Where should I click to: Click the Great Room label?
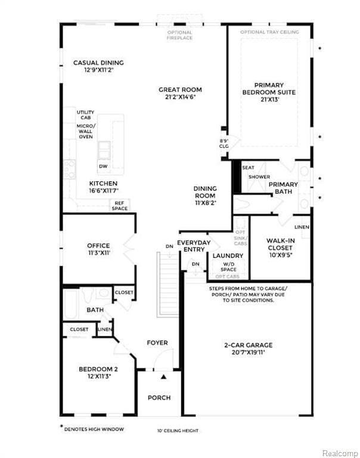tap(180, 94)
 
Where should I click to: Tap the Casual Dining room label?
tap(98, 66)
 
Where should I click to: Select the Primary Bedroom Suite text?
tap(268, 92)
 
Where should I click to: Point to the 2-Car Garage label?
tap(248, 348)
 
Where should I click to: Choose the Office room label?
tap(98, 249)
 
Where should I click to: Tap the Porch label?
tap(159, 398)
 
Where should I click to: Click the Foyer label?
tap(157, 343)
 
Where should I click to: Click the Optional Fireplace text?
tap(179, 35)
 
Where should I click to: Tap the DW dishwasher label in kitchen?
tap(103, 166)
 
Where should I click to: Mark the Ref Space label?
tap(120, 206)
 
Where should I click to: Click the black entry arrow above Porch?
tap(163, 377)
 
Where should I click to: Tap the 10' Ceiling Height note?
tap(178, 431)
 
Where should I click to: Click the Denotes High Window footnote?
tap(92, 428)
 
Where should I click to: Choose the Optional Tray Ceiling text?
tap(269, 32)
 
